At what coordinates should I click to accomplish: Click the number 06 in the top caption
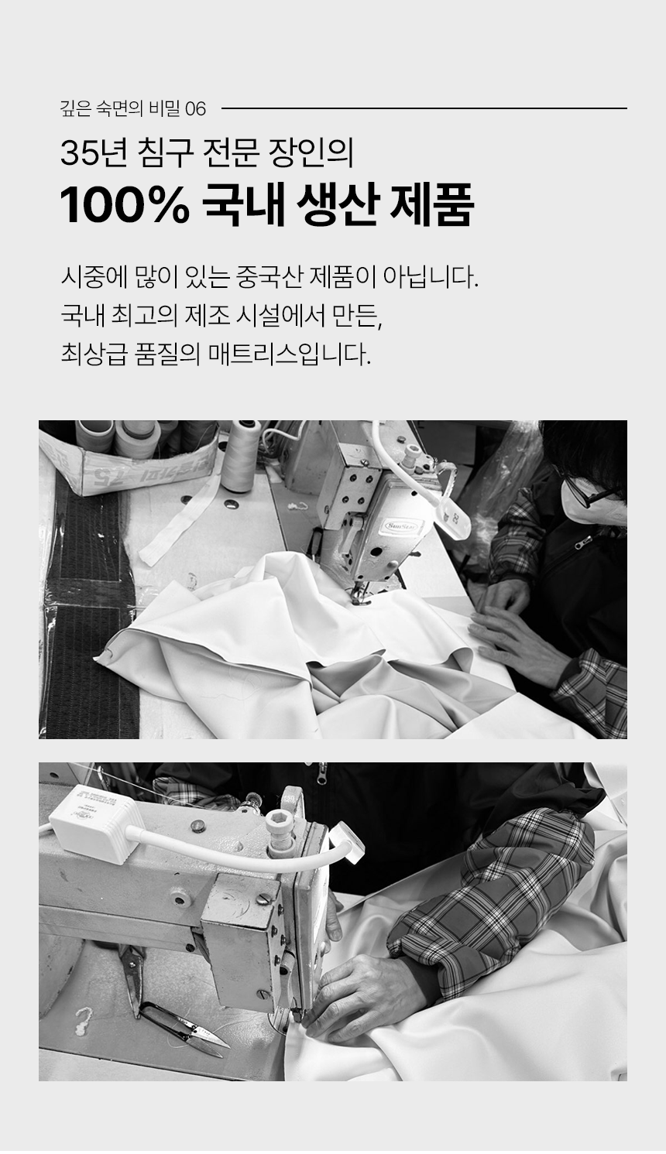195,108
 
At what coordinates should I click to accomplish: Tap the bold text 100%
125,206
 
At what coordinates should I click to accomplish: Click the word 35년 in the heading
93,153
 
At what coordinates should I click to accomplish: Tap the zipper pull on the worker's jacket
585,541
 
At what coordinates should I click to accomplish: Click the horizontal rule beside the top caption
424,108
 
